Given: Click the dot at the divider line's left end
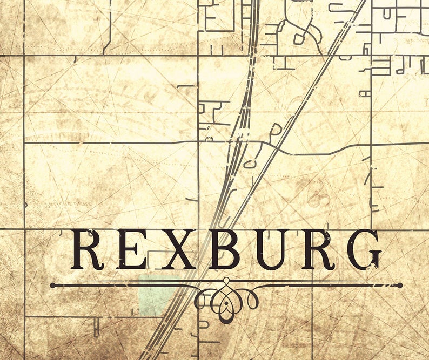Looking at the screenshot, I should (x=52, y=285).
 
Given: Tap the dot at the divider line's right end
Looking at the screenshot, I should (x=400, y=285).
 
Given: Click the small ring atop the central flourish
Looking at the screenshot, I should (x=226, y=280).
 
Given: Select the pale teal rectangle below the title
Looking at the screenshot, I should (x=158, y=295).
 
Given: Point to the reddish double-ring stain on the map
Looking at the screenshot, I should (x=319, y=199).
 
